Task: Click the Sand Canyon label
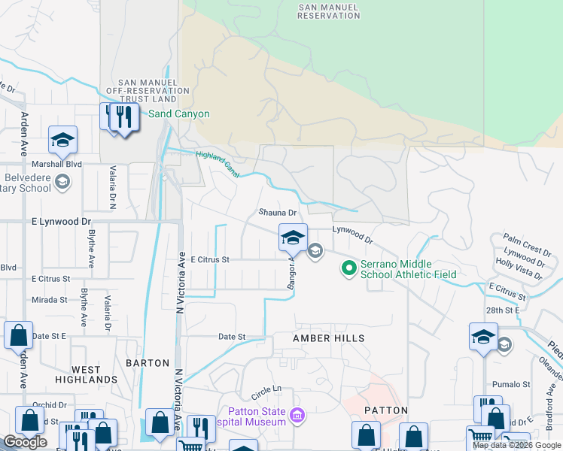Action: [x=178, y=114]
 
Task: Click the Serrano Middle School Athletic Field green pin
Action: [x=349, y=268]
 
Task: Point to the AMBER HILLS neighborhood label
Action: [x=329, y=339]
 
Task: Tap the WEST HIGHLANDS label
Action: [x=87, y=374]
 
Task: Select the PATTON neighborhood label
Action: [x=385, y=410]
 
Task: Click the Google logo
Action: [x=25, y=442]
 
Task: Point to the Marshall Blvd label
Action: [x=56, y=163]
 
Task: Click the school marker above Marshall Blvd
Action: [x=63, y=139]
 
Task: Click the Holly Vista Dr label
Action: [x=519, y=269]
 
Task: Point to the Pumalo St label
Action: [x=507, y=384]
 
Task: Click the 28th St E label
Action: [x=502, y=310]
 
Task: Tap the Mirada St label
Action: [x=50, y=299]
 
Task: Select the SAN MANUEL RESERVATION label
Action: [x=329, y=11]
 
